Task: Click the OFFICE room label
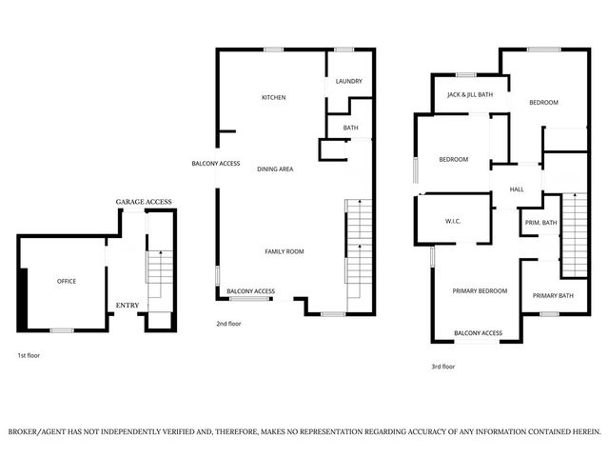(66, 281)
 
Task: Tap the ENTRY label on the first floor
(127, 305)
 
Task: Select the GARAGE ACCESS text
(143, 203)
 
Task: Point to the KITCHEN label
(274, 97)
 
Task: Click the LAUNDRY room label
(348, 81)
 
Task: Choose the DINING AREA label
(274, 169)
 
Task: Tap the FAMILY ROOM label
(284, 251)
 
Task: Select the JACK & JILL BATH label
(470, 95)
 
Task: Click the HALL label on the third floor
(517, 189)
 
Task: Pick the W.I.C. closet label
(453, 223)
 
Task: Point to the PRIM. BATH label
(540, 223)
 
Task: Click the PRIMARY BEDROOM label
(480, 290)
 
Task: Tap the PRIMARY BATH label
(552, 295)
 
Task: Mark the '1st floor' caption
(29, 355)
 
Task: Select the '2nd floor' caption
(228, 324)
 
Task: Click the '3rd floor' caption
(442, 367)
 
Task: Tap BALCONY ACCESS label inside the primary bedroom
(478, 333)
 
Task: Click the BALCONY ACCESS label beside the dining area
(215, 163)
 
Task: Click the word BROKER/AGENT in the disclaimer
(42, 431)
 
